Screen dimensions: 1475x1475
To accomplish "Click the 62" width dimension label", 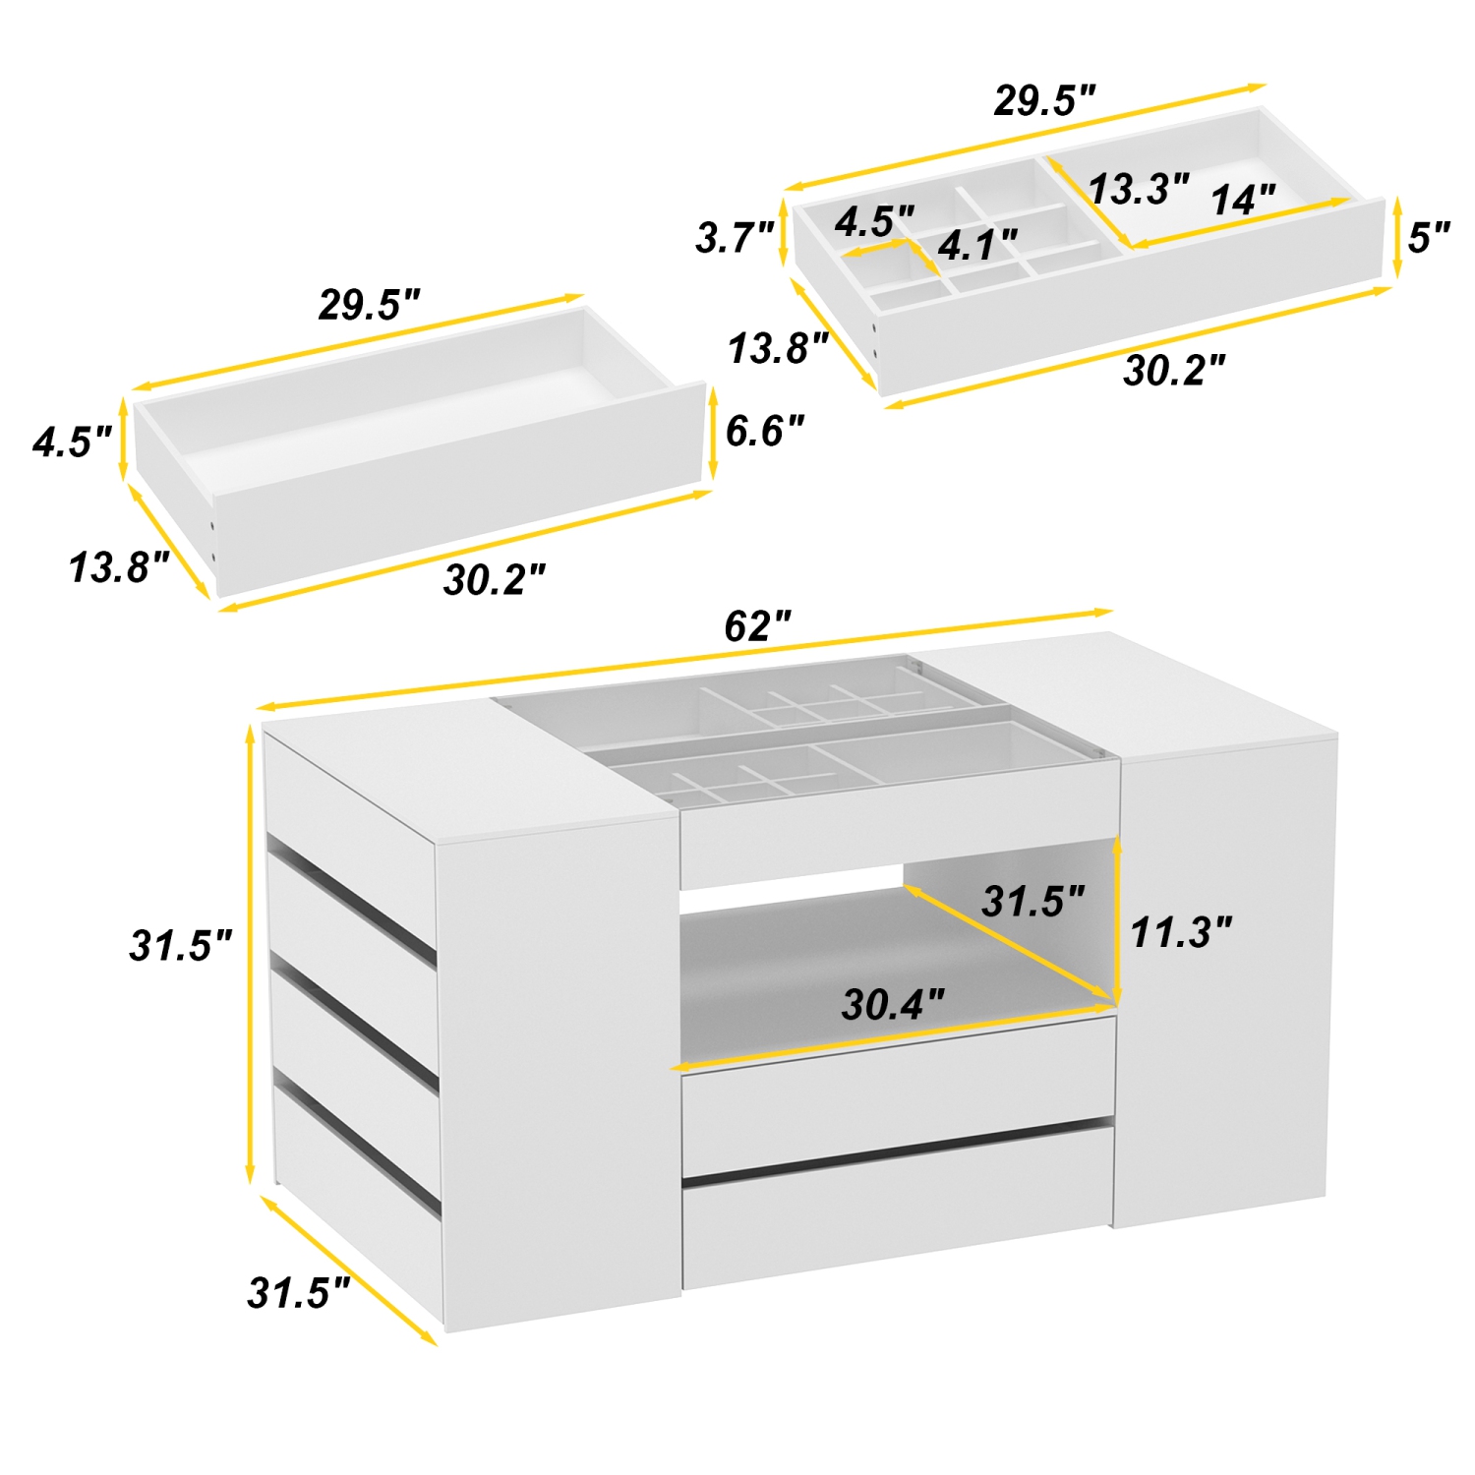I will [x=757, y=626].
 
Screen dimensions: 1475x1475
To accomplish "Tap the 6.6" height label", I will [x=764, y=431].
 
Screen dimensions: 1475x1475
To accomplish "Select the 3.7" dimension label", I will [x=735, y=237].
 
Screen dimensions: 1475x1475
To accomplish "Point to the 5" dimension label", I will [x=1429, y=237].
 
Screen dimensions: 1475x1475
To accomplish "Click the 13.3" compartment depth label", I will [x=1139, y=188].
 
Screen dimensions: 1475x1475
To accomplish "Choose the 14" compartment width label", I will [x=1243, y=200].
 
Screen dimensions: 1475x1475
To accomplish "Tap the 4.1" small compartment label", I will [x=976, y=245].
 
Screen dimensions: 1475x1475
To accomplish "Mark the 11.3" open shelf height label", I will [x=1180, y=932].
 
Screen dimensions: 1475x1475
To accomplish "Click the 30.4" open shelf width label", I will [x=893, y=1004].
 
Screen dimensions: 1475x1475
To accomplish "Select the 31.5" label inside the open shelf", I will [x=1032, y=901].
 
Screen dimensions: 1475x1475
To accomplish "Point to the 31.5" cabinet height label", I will [x=181, y=945].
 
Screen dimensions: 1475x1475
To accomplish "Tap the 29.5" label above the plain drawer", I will [x=369, y=305].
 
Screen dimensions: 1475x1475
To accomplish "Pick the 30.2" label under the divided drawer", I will [x=1174, y=371].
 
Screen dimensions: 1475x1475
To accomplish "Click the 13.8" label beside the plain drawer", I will [x=119, y=567].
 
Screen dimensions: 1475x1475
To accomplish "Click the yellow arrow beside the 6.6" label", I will [x=711, y=433].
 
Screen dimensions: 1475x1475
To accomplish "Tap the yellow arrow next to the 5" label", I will [x=1396, y=238].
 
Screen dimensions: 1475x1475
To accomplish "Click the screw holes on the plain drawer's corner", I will [x=213, y=541].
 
